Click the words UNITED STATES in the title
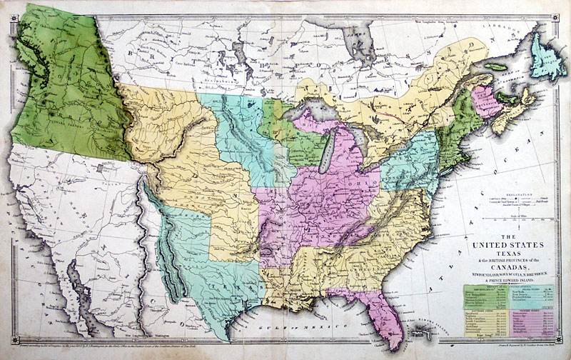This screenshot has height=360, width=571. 503,247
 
